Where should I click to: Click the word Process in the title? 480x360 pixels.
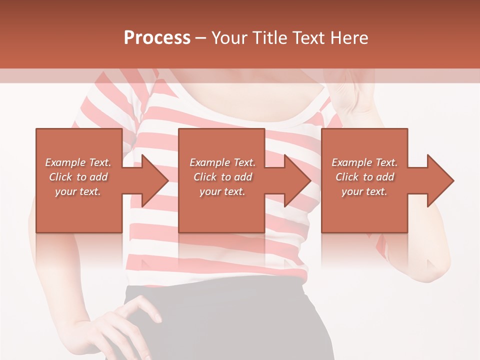[157, 37]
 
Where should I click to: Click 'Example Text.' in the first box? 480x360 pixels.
[78, 162]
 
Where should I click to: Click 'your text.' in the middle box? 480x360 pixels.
[222, 191]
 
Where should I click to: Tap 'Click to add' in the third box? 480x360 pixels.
[364, 177]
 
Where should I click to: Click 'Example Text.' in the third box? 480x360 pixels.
[364, 162]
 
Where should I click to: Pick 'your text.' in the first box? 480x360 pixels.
[78, 191]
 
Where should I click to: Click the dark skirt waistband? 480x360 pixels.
[215, 290]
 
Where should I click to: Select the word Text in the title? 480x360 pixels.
[309, 37]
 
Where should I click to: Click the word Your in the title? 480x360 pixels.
[229, 37]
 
